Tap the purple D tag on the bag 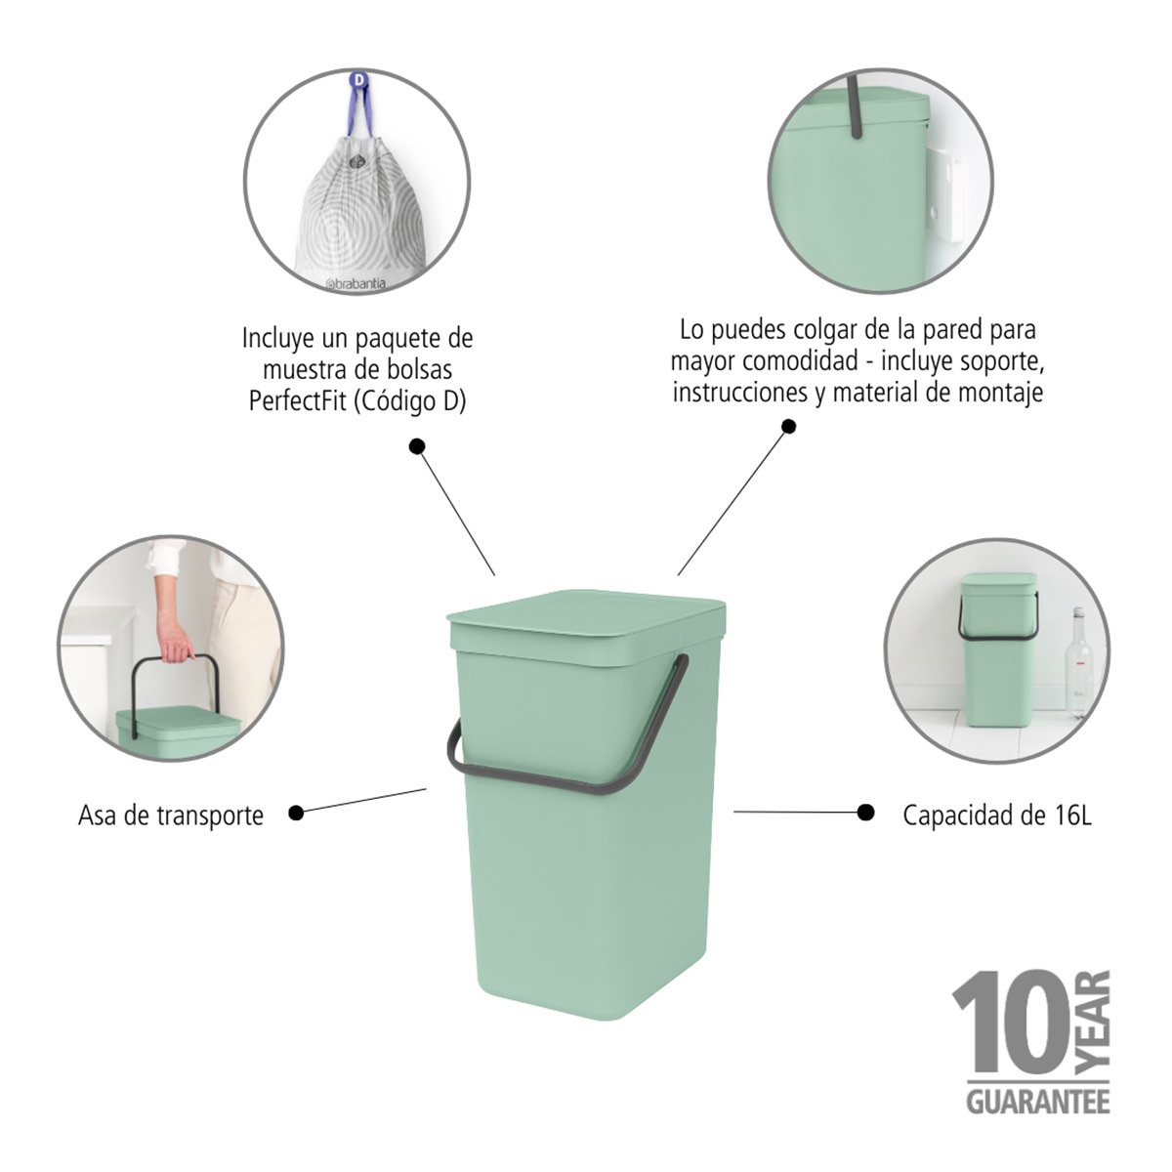[359, 79]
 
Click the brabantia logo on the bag [356, 283]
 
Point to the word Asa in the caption [98, 816]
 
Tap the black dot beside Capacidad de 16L [865, 813]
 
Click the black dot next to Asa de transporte [296, 814]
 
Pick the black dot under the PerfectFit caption [417, 447]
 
